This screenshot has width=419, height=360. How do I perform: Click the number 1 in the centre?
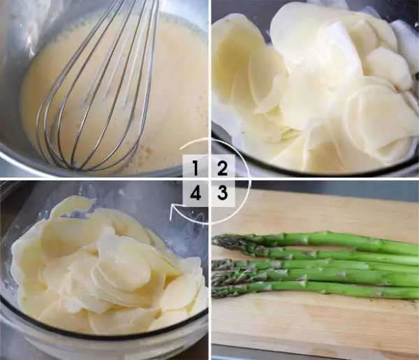tap(196, 168)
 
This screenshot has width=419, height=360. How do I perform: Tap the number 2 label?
tap(222, 168)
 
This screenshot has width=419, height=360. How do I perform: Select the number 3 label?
tap(222, 192)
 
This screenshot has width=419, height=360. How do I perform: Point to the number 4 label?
tap(196, 192)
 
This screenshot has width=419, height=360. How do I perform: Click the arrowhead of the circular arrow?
tap(173, 210)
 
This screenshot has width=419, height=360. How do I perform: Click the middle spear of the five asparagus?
tap(316, 264)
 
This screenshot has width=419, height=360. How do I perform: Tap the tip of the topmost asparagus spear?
tap(214, 238)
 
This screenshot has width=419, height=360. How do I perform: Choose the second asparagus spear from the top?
tap(316, 253)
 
